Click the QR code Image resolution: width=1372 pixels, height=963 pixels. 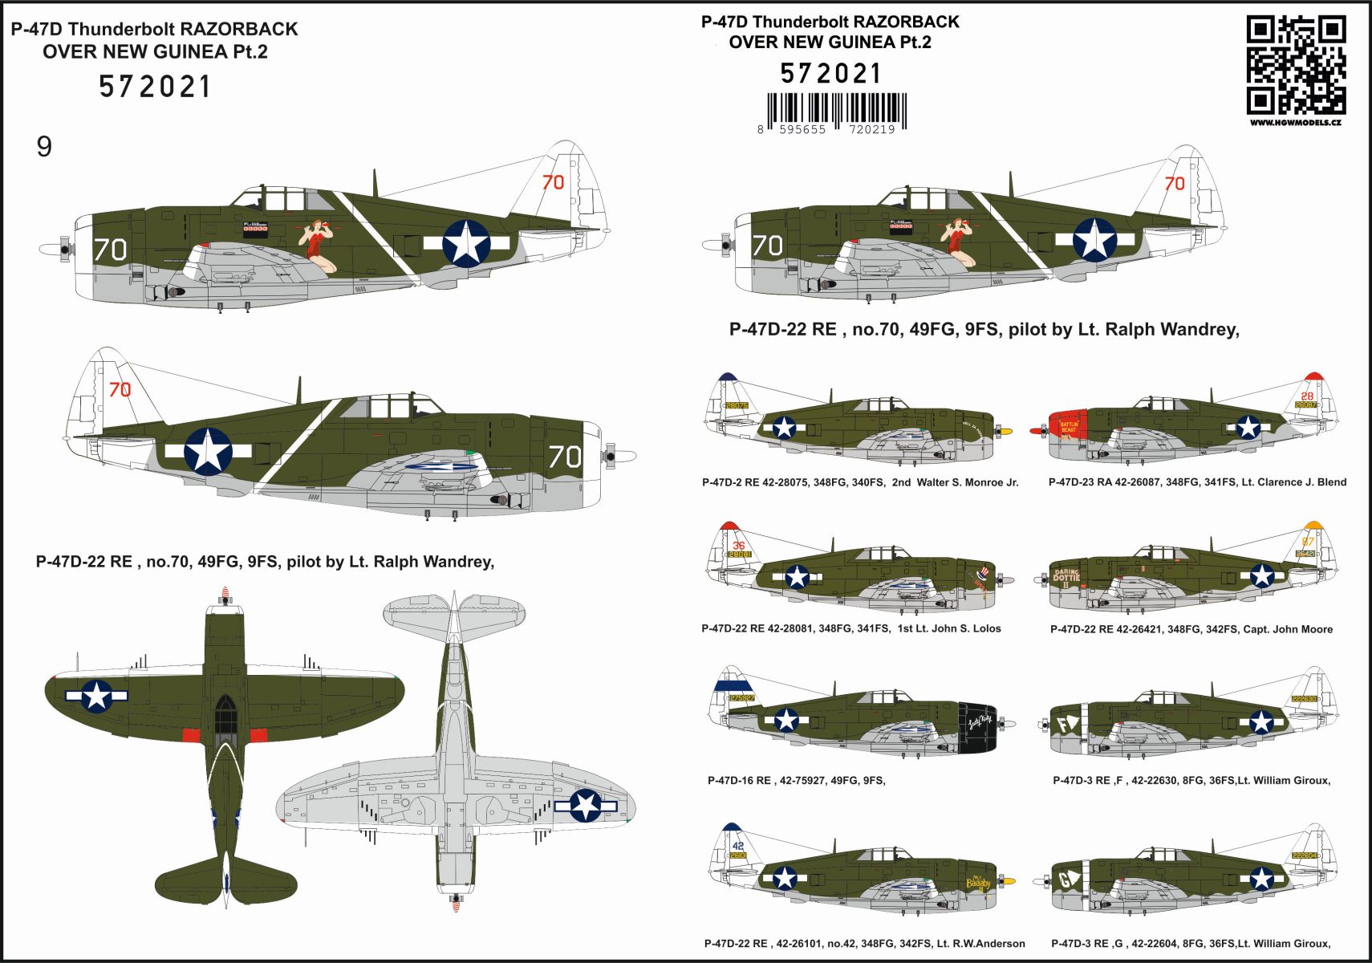coord(1295,65)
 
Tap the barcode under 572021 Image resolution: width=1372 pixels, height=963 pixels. coord(837,110)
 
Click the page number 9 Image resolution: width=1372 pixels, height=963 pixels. coord(44,146)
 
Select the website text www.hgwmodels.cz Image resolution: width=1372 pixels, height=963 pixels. coord(1295,123)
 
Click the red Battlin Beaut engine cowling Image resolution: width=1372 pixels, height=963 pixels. coord(1069,429)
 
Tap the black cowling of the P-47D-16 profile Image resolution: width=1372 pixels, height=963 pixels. coord(977,726)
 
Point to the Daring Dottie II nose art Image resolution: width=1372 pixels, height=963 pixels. coord(1066,578)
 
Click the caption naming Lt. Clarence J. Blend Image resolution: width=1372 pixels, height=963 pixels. coord(1197,482)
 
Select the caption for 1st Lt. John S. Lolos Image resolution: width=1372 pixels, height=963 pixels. coord(851,628)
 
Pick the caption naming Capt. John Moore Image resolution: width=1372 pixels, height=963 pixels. coord(1191,629)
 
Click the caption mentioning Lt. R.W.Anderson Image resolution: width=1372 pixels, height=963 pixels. coord(864,944)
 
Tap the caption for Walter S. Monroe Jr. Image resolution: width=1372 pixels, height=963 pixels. coord(860,482)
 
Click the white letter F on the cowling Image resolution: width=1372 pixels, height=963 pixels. coord(1065,725)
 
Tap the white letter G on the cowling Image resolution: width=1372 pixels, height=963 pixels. coord(1065,880)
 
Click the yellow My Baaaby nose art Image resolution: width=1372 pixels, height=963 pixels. coord(978,882)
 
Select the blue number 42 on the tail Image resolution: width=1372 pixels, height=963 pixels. coord(737,845)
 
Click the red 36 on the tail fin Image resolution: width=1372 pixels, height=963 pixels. coord(738,546)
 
